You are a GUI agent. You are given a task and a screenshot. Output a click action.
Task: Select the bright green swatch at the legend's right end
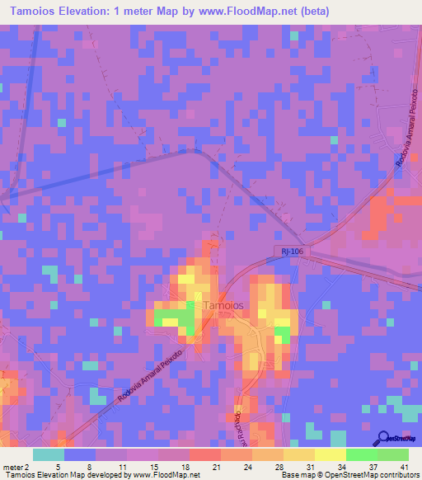coord(392,454)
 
